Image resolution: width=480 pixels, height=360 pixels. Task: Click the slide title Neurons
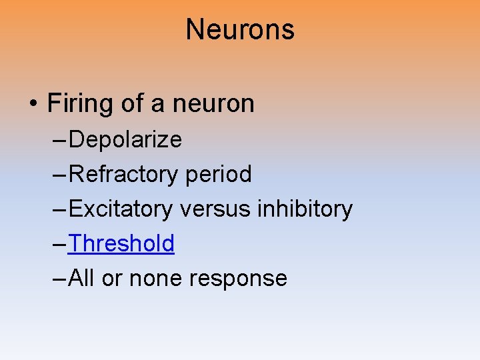click(x=240, y=30)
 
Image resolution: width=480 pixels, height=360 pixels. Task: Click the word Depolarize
click(x=125, y=139)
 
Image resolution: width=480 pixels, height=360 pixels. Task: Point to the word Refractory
click(x=123, y=174)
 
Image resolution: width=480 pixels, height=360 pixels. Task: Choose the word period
click(x=219, y=174)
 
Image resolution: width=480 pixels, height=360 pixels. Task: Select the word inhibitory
click(x=304, y=209)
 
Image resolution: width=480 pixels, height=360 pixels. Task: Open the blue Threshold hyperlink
click(x=121, y=243)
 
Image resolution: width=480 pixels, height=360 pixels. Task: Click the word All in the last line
click(x=81, y=278)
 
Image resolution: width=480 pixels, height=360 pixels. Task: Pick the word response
click(x=238, y=278)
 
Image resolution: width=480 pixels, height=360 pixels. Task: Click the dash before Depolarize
click(x=59, y=140)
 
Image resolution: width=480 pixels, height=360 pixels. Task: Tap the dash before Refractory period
click(x=59, y=175)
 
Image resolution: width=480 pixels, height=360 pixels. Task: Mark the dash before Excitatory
click(x=59, y=209)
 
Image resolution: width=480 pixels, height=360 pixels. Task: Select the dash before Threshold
click(x=59, y=244)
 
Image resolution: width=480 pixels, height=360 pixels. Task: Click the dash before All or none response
click(x=59, y=279)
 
